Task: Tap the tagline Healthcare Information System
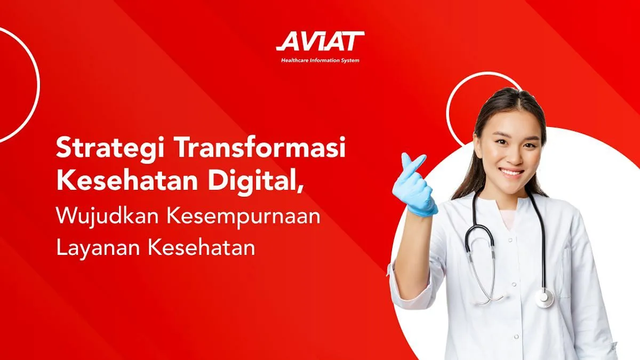320,60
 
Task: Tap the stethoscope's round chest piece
545,298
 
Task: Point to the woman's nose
510,155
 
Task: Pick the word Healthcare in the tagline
295,60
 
